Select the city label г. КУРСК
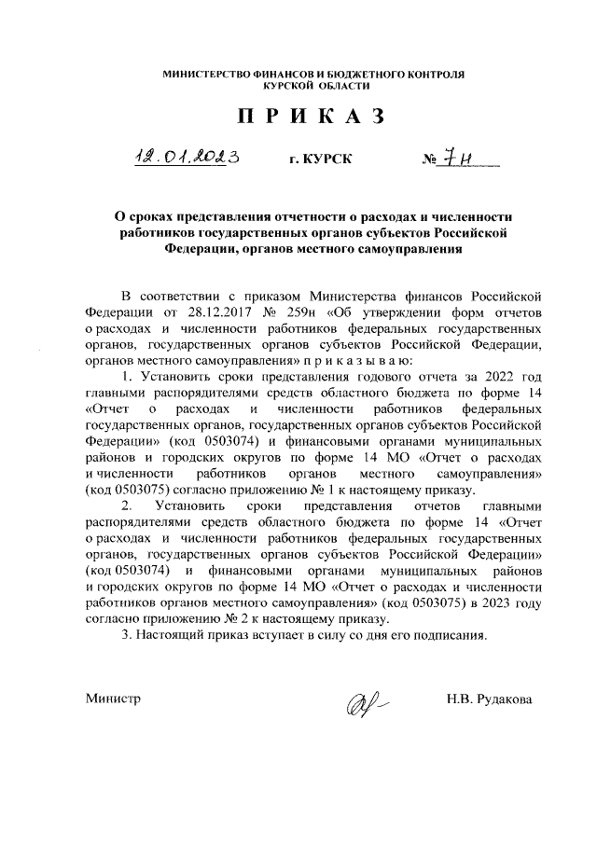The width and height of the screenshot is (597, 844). tap(321, 159)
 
